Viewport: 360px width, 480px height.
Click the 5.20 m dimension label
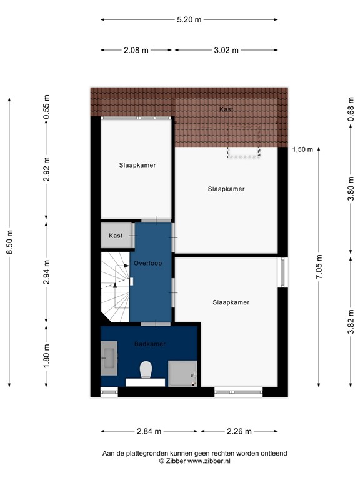189,20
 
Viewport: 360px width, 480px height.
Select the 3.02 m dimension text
226,51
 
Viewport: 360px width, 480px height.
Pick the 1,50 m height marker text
302,149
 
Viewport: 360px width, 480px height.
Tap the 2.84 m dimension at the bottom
149,431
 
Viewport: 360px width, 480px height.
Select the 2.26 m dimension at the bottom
239,431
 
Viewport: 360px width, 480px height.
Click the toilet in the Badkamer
146,369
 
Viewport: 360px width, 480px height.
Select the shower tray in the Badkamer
182,374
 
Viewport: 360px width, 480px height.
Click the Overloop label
147,264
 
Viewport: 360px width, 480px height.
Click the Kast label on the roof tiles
226,109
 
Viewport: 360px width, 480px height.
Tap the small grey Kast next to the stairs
116,236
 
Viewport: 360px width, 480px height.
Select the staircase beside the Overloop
114,286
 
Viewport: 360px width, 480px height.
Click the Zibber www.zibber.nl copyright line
194,461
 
